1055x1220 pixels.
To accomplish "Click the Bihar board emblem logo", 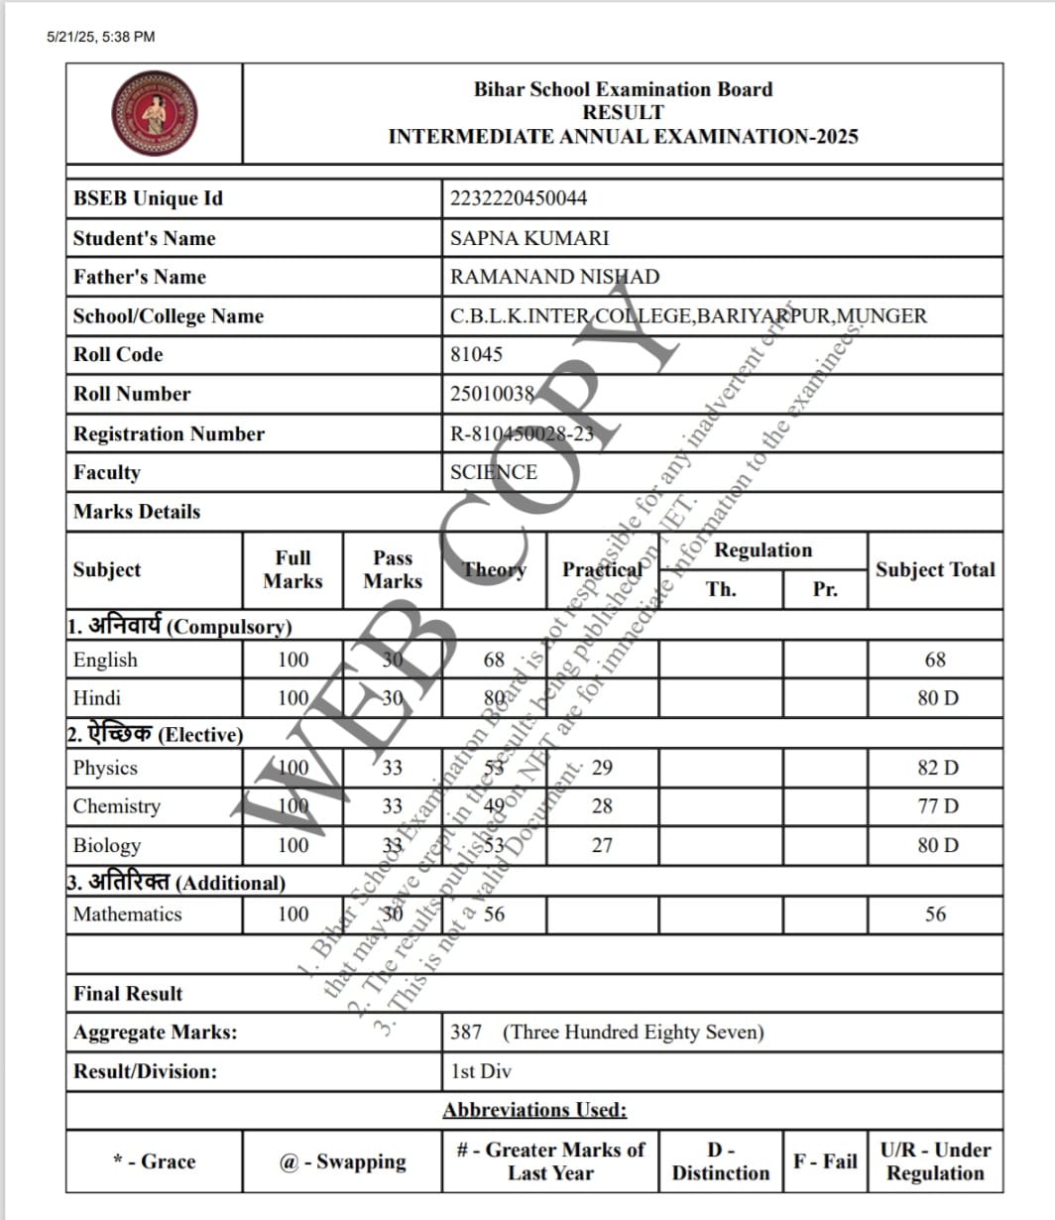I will tap(154, 113).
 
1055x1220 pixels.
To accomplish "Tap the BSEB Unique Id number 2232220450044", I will tap(518, 198).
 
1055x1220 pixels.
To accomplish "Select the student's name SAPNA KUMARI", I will tap(529, 238).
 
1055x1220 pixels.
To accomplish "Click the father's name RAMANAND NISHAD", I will tap(554, 277).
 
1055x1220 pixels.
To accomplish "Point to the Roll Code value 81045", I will tap(476, 354).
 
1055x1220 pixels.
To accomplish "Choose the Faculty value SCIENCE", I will tap(494, 472).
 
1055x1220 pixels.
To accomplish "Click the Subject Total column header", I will tap(934, 569).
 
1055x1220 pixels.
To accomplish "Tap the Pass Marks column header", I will tap(393, 569).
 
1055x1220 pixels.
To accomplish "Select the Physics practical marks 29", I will tap(602, 768).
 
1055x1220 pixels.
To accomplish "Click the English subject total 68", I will tap(935, 660).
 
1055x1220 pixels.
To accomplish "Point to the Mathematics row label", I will tap(127, 915).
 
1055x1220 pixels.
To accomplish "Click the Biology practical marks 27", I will tap(602, 846).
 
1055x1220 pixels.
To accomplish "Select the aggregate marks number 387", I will tap(466, 1033).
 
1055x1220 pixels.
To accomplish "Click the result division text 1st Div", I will tap(481, 1071).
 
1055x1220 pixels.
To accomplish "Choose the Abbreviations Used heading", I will tap(534, 1110).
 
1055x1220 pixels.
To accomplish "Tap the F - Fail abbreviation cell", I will tap(824, 1160).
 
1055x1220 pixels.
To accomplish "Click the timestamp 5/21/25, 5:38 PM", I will tap(100, 37).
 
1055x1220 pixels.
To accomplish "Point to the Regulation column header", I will tap(762, 550).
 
